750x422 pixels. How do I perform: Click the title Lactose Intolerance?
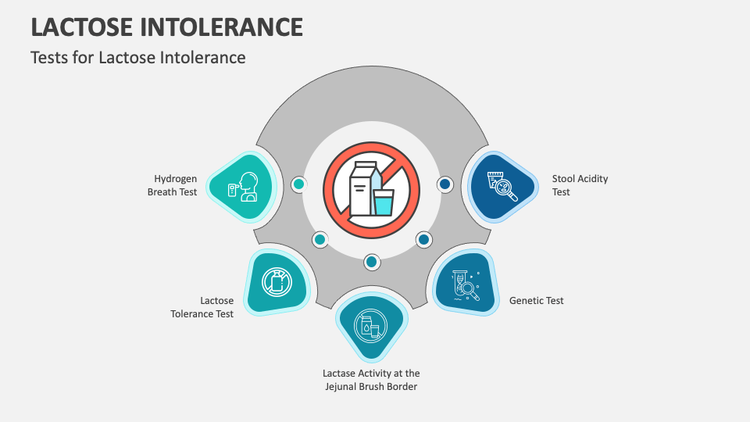pyautogui.click(x=166, y=27)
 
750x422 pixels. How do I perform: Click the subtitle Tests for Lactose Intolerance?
pyautogui.click(x=138, y=57)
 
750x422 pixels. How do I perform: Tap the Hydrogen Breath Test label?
pyautogui.click(x=173, y=185)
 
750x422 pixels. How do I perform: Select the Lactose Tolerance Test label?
pyautogui.click(x=203, y=306)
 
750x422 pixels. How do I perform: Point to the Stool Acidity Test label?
pyautogui.click(x=580, y=185)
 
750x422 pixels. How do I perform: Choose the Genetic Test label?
pyautogui.click(x=536, y=300)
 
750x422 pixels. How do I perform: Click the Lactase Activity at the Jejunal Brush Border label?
pyautogui.click(x=371, y=380)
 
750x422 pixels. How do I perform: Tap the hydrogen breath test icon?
pyautogui.click(x=243, y=186)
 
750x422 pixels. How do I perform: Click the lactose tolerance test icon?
pyautogui.click(x=277, y=282)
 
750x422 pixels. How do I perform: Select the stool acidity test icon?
pyautogui.click(x=501, y=187)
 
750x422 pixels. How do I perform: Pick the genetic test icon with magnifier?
pyautogui.click(x=467, y=286)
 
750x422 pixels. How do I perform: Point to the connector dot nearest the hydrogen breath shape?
pyautogui.click(x=298, y=184)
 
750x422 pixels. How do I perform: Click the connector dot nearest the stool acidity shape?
pyautogui.click(x=445, y=184)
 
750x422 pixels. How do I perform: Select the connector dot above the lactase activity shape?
pyautogui.click(x=372, y=261)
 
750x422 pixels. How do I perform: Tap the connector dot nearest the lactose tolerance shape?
pyautogui.click(x=320, y=239)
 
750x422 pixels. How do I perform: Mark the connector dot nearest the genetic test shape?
pyautogui.click(x=423, y=239)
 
